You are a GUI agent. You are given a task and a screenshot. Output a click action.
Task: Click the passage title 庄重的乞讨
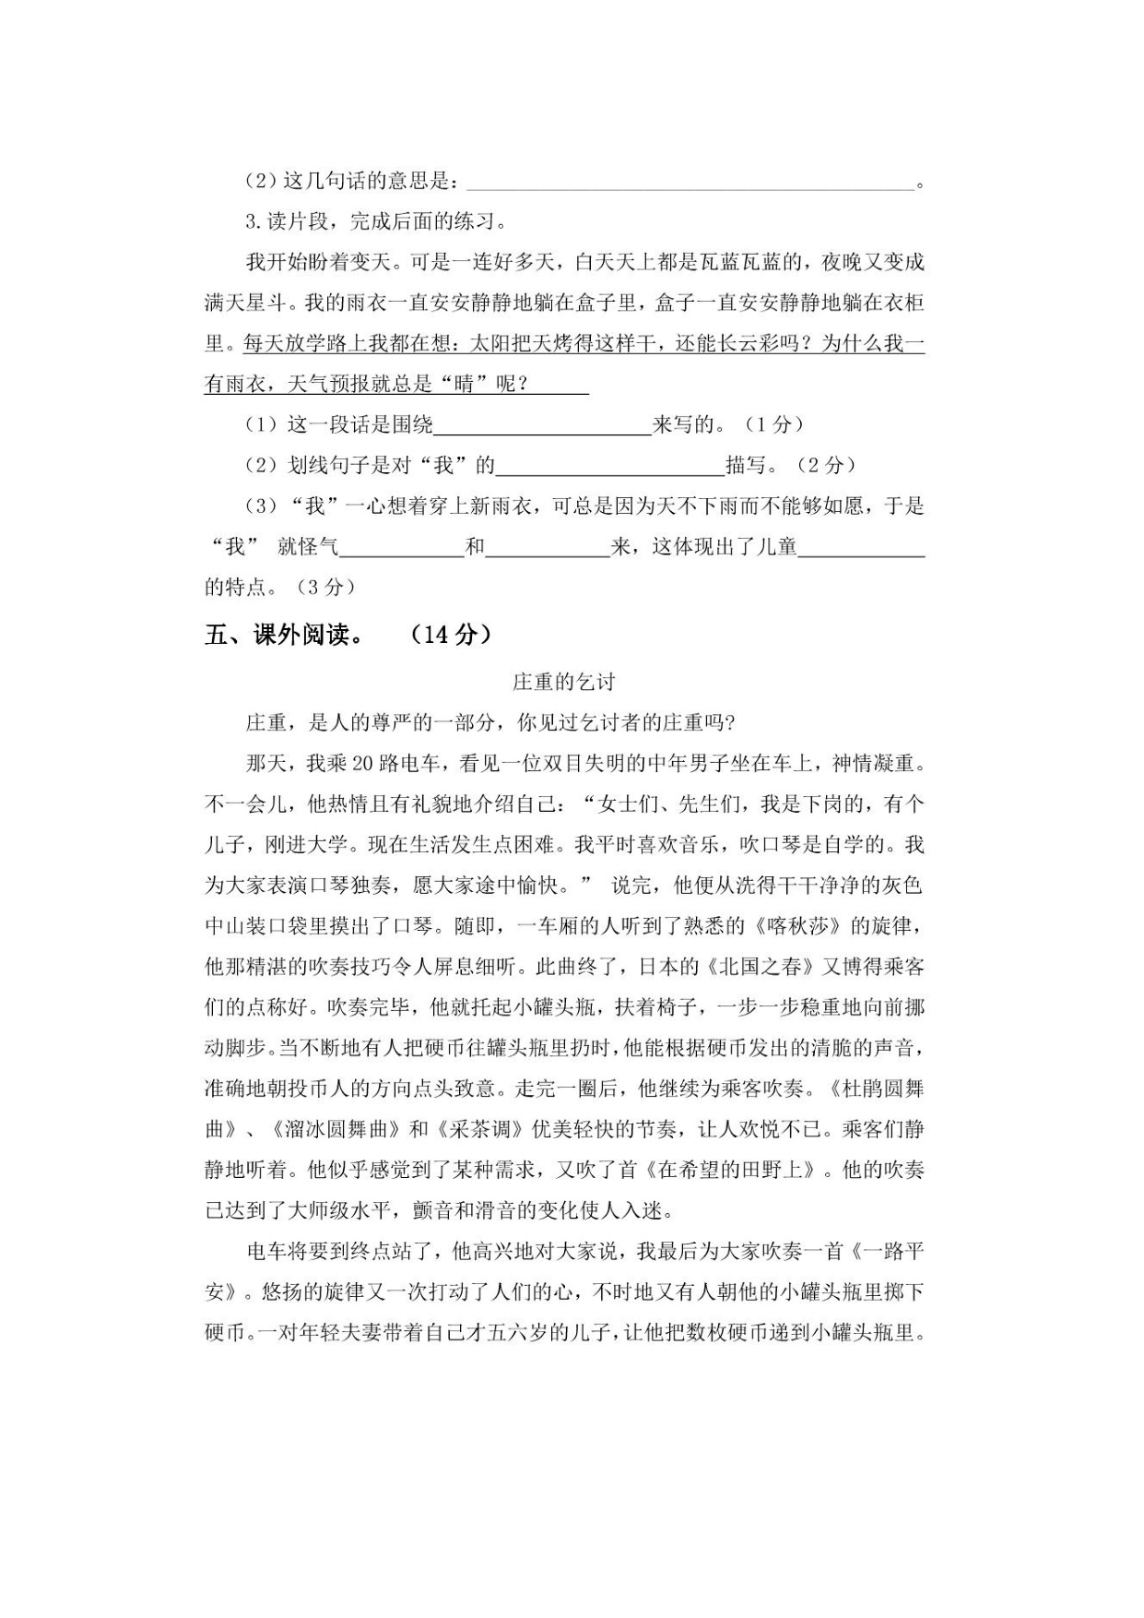[x=563, y=683]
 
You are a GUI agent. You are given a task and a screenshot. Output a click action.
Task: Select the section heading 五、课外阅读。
[x=283, y=635]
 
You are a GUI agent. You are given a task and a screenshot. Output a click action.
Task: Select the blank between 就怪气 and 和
[x=402, y=547]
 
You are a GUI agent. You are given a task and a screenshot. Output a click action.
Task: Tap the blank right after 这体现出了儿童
[x=861, y=547]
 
